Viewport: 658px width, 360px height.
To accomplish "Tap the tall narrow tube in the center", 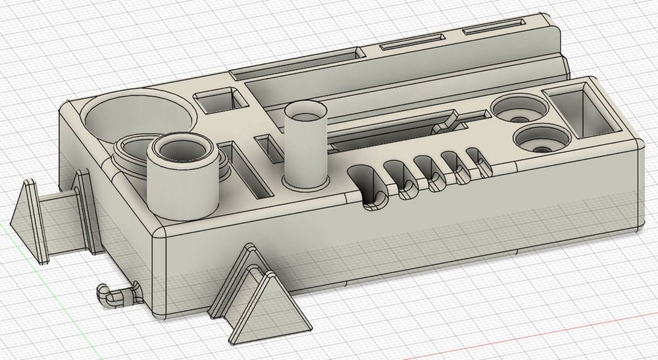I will point(306,145).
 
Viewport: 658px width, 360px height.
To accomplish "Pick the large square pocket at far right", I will point(580,111).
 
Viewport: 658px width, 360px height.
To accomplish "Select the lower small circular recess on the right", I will point(541,139).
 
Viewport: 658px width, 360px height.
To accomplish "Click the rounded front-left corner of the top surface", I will point(162,231).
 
